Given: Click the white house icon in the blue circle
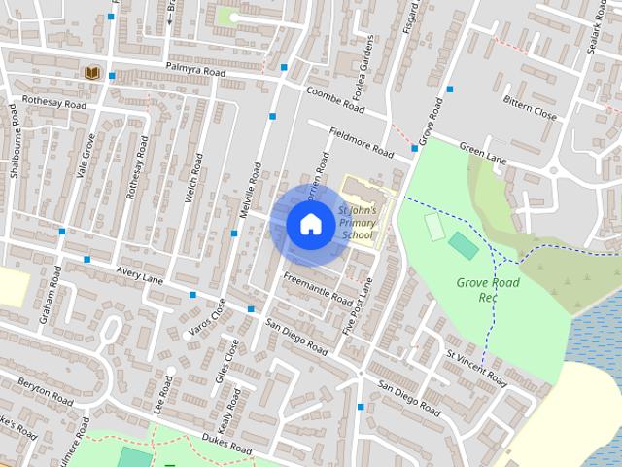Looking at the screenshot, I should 310,225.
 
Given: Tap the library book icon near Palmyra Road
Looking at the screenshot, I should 92,73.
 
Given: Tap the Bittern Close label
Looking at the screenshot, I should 530,107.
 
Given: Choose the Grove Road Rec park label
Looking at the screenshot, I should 488,289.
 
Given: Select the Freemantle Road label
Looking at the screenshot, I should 317,289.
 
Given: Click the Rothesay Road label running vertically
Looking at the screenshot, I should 138,168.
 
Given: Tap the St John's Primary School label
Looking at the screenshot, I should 357,223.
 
